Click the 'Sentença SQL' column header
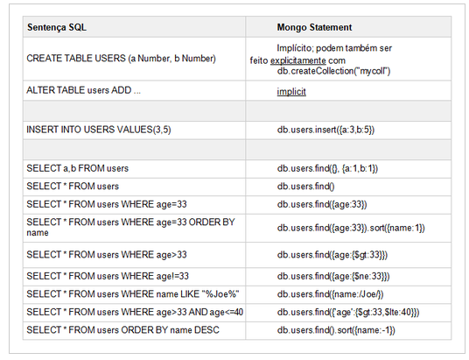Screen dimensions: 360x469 click(x=57, y=27)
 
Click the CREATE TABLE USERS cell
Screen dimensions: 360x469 click(x=121, y=59)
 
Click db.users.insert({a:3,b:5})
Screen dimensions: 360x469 click(x=325, y=130)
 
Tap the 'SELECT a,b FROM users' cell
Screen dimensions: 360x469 click(x=78, y=168)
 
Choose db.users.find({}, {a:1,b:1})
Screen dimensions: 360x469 click(x=327, y=168)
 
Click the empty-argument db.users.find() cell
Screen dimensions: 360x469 click(x=306, y=187)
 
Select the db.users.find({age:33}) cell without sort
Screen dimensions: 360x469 click(x=320, y=204)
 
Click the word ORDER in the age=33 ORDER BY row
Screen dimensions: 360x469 click(x=202, y=222)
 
